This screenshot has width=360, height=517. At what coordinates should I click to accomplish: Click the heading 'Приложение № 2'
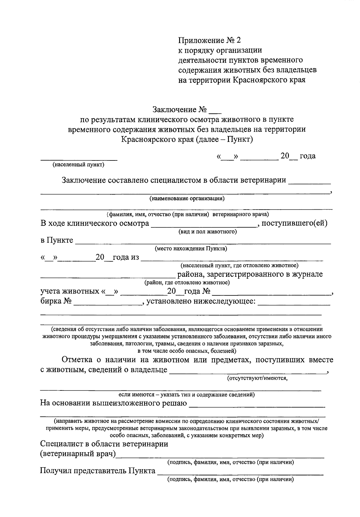coord(209,40)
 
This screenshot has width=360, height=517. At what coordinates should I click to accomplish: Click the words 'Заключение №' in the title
coord(180,109)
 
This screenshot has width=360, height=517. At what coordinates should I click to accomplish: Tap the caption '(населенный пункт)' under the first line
coord(78,165)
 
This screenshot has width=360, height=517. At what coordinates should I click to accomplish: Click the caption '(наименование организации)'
coord(187,198)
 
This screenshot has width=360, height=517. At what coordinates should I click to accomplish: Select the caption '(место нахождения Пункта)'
coord(191,249)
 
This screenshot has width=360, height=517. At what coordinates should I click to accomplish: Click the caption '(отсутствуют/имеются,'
coord(257,378)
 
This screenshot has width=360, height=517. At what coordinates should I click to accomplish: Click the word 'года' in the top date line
coord(307,156)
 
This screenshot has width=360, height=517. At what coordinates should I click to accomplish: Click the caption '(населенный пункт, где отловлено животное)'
coord(239,265)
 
